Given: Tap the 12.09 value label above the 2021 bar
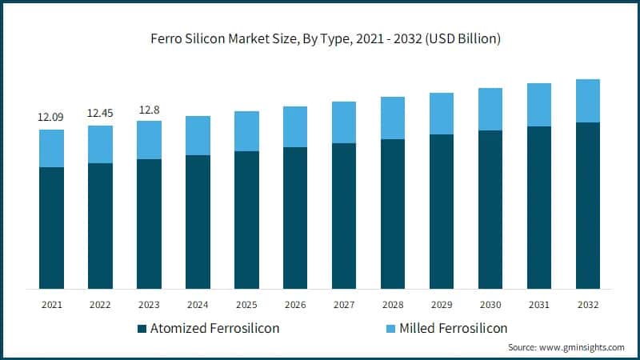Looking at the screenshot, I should tap(51, 118).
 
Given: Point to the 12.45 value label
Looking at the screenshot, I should tap(100, 114).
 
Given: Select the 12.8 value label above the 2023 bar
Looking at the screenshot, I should tap(149, 110).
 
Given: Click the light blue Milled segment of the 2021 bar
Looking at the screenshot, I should tap(51, 148).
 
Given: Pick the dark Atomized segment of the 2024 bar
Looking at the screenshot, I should tap(198, 222).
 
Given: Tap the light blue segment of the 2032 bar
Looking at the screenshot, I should tap(587, 101).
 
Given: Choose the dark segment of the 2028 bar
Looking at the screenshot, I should tap(393, 214).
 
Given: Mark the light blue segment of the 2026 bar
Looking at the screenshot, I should tap(295, 126).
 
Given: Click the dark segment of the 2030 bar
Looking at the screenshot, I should tap(490, 209).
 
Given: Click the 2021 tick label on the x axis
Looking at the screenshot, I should tap(51, 304).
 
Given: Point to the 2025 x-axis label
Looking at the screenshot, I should tap(246, 304).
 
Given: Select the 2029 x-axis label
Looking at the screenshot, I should tap(442, 304).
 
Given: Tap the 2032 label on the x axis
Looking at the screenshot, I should tap(587, 304).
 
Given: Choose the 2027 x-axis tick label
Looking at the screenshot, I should tap(344, 304).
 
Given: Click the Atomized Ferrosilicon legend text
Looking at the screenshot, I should tap(214, 328).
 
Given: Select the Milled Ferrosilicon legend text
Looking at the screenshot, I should tap(453, 328).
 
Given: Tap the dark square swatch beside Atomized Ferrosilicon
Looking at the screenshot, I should tap(142, 328).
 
